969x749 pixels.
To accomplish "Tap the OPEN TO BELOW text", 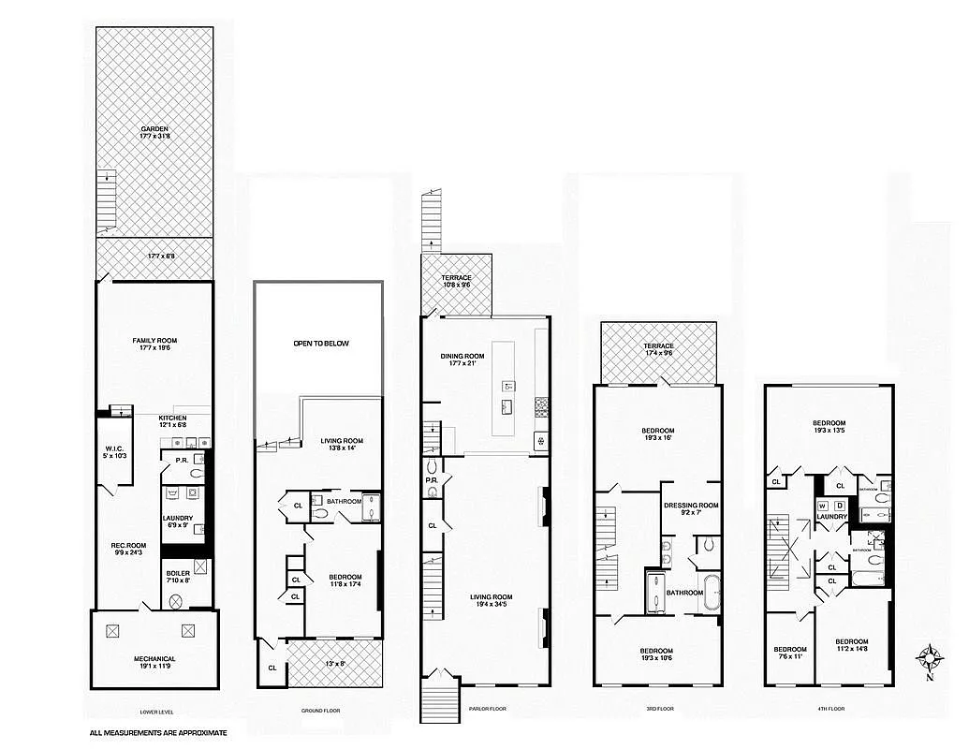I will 320,344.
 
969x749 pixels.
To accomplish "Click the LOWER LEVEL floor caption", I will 154,711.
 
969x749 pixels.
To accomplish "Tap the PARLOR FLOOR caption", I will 486,709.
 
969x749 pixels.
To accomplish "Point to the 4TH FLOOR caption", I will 829,709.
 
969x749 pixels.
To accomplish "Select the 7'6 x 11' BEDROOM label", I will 789,653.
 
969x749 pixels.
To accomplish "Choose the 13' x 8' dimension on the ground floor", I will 334,663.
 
